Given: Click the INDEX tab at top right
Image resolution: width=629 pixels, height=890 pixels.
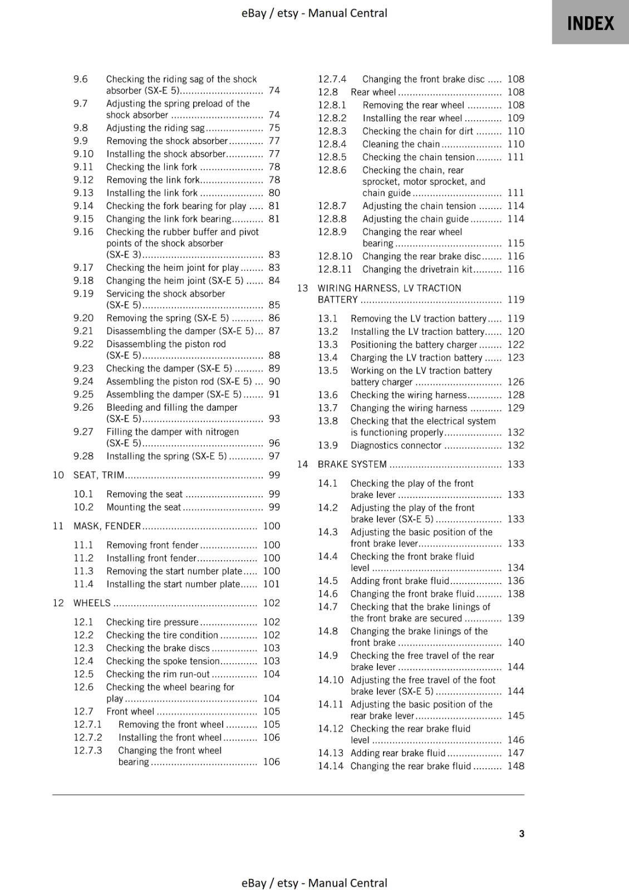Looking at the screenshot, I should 590,23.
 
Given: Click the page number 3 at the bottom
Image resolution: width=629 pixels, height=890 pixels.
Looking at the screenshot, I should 521,833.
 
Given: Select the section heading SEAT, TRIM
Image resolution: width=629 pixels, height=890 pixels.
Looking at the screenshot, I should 99,475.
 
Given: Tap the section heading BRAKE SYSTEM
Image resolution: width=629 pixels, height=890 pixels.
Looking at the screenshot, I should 352,464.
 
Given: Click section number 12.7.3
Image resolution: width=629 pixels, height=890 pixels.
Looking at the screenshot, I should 88,750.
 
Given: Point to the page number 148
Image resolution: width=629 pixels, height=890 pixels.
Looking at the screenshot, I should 515,766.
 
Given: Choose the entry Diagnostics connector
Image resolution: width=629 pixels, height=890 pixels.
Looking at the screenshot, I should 396,445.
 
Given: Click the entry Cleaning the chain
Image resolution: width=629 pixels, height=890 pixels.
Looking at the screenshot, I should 401,144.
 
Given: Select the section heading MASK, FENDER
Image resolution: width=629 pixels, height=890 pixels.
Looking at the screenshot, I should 107,526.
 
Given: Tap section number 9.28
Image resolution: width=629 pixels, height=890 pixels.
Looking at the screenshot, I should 83,456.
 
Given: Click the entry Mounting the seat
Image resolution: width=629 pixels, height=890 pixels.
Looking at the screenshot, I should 144,507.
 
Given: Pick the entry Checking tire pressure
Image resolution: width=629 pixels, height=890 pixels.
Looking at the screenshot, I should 152,622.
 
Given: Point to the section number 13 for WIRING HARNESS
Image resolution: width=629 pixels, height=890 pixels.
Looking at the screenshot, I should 302,288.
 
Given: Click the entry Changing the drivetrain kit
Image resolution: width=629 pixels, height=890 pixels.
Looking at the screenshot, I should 416,269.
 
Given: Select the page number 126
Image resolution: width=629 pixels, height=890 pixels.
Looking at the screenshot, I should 515,382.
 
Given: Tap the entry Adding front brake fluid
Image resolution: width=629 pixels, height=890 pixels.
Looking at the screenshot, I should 400,581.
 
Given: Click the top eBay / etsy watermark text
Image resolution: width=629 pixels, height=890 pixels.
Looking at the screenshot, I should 314,13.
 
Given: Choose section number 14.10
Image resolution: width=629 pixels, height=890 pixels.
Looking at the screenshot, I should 331,680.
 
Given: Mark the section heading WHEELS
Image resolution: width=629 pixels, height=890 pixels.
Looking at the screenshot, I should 92,603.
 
